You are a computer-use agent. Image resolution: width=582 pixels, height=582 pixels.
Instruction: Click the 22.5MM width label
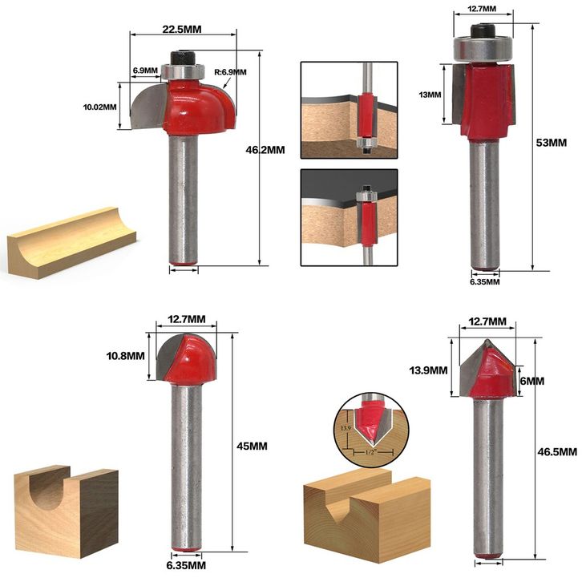(182, 30)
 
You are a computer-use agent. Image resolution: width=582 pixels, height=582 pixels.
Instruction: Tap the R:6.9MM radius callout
(230, 72)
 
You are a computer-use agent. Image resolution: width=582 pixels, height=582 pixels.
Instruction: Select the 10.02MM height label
(99, 107)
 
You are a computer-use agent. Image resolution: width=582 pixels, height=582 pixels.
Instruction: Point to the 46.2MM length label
(265, 150)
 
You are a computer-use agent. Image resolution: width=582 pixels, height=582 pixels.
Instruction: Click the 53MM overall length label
(552, 143)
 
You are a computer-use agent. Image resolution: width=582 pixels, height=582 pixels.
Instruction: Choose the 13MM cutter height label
(430, 95)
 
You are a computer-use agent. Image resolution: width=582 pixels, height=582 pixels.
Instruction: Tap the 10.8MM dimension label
(125, 356)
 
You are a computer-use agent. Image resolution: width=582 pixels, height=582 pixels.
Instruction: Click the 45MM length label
(252, 446)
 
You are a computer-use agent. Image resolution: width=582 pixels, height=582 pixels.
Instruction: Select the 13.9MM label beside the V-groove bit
(428, 370)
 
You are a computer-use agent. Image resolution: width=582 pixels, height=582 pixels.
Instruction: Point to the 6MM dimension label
(531, 382)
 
